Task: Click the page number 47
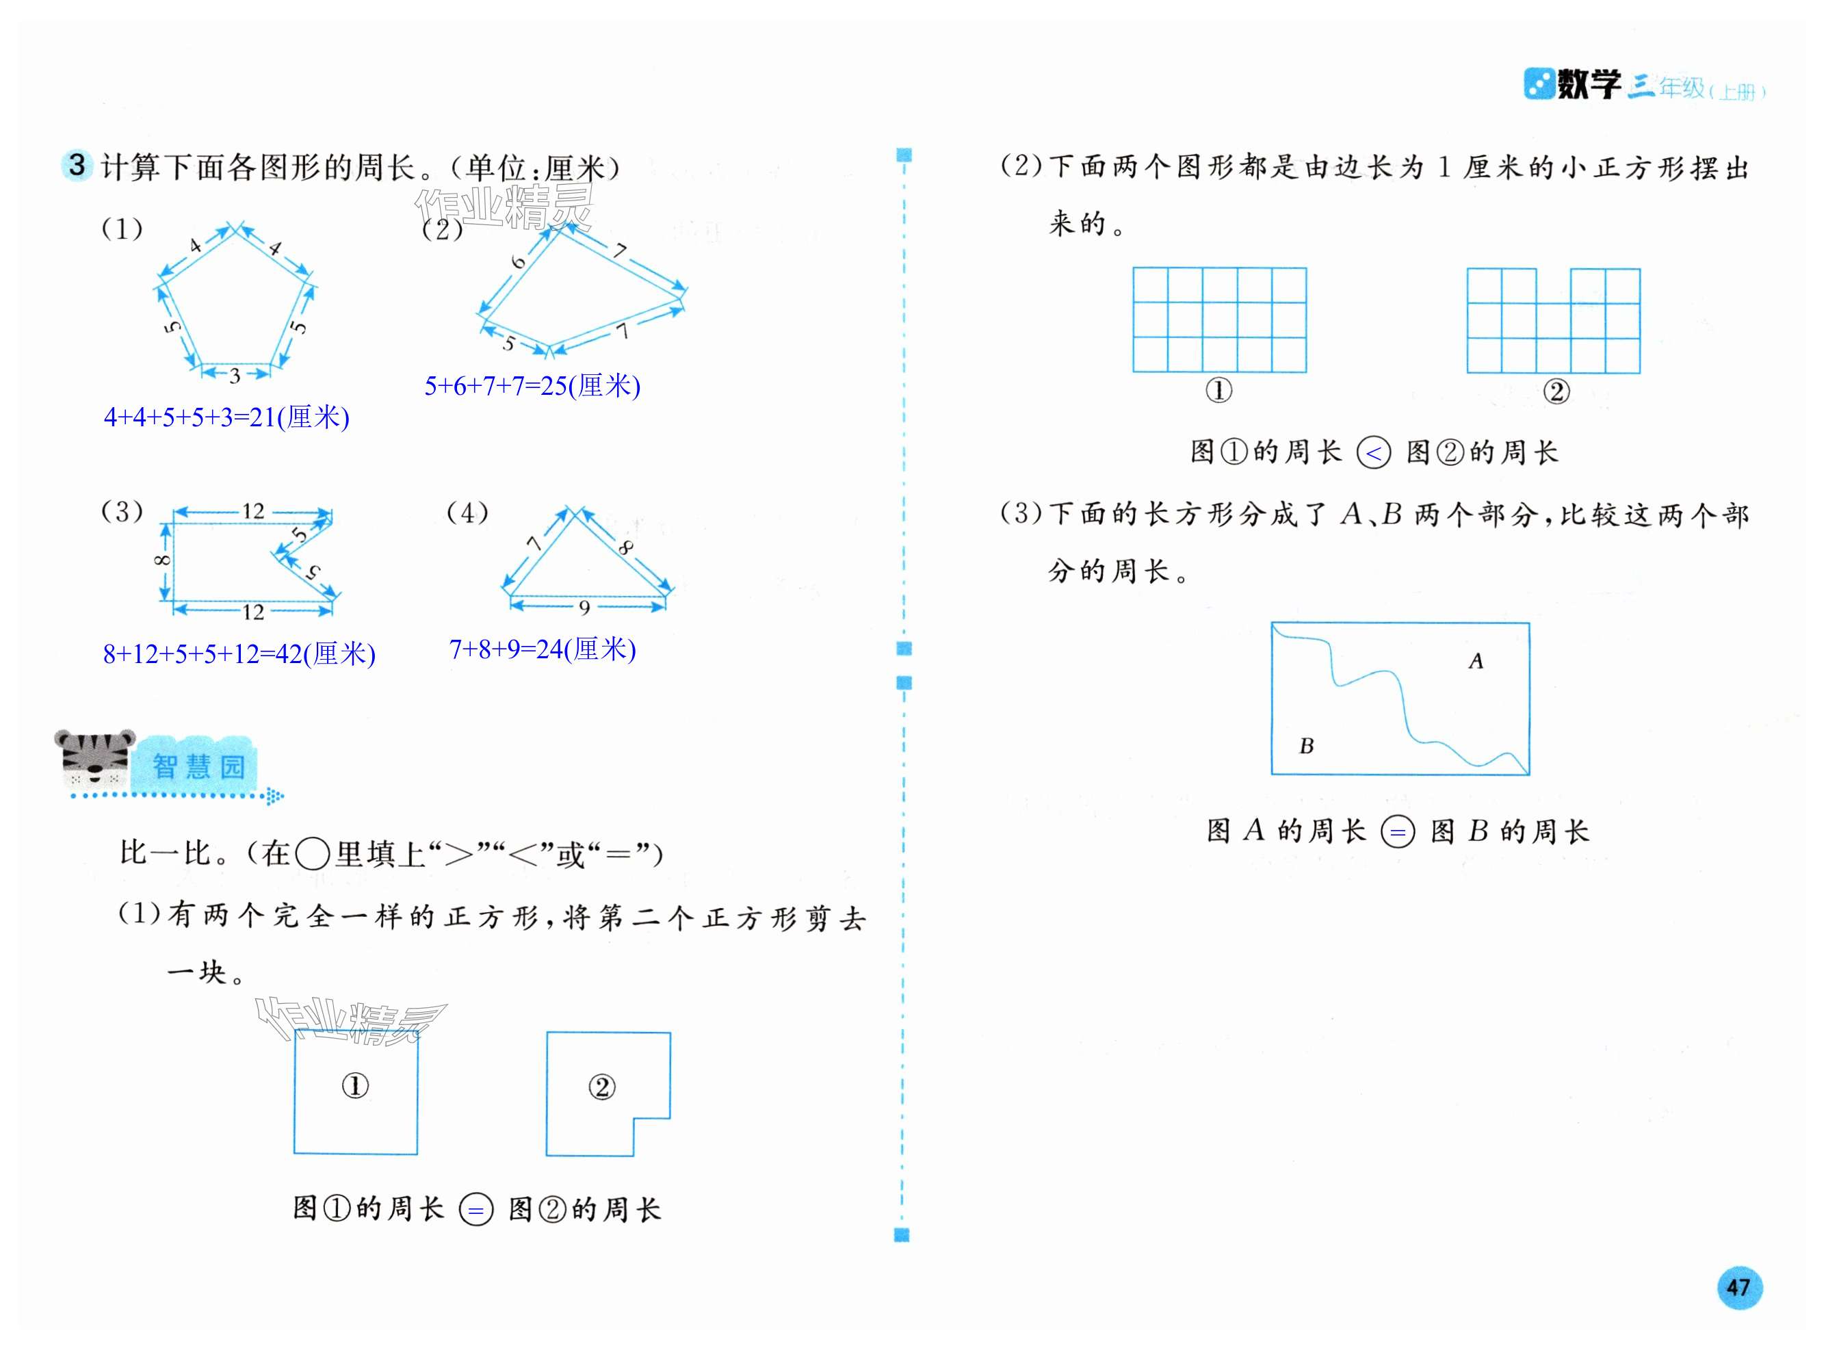[x=1738, y=1287]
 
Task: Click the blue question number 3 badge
[x=77, y=165]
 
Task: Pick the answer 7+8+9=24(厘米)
[x=543, y=649]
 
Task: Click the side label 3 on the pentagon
[x=235, y=376]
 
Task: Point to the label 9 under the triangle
[x=584, y=607]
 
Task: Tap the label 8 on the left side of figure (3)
[x=162, y=560]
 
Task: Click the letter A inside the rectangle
[x=1475, y=661]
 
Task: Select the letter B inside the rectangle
[x=1306, y=746]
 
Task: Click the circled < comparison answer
[x=1373, y=453]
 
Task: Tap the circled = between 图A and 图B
[x=1398, y=832]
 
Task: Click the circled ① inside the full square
[x=355, y=1085]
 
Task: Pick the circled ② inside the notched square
[x=601, y=1087]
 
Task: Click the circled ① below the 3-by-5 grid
[x=1219, y=391]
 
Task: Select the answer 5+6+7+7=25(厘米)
[x=532, y=386]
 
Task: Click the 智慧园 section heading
[x=198, y=766]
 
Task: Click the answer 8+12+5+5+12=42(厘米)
[x=239, y=654]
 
